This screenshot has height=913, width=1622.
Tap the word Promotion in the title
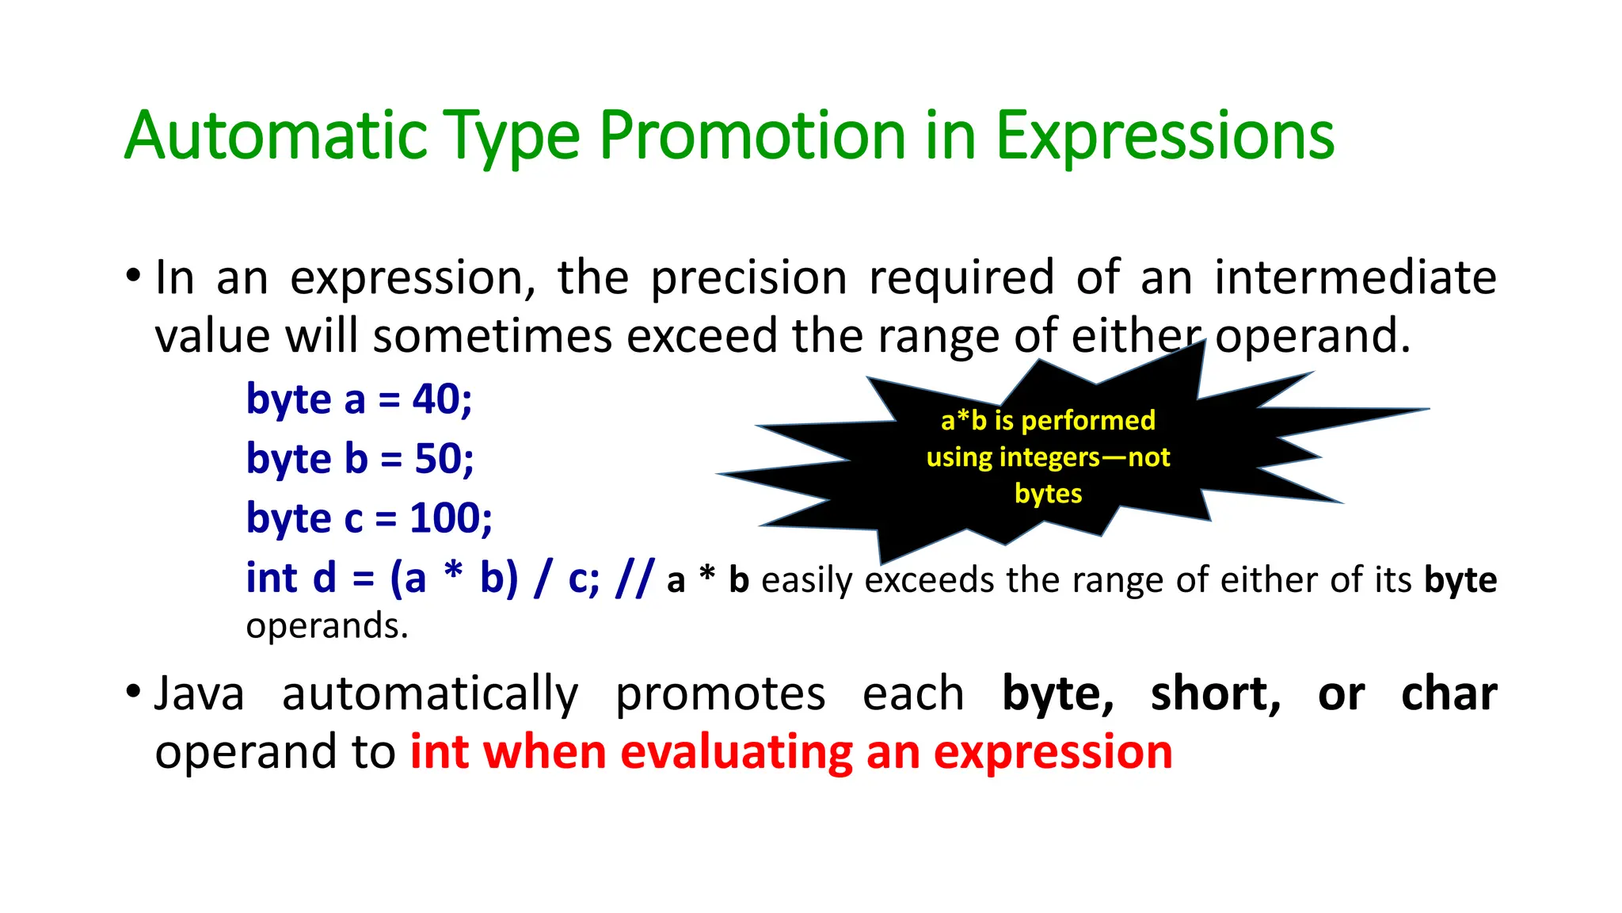pos(752,136)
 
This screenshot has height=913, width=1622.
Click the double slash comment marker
pos(634,578)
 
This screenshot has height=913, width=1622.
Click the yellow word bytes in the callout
pos(1048,494)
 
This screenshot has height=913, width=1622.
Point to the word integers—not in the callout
pos(1085,457)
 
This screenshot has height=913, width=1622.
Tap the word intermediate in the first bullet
pos(1354,277)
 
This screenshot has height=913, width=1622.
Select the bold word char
pos(1449,694)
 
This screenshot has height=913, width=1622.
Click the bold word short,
pos(1216,694)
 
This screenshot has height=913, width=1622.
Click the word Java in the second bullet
pos(199,694)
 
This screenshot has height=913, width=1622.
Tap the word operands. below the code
pos(326,626)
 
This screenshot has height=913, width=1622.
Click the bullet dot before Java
pos(133,693)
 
